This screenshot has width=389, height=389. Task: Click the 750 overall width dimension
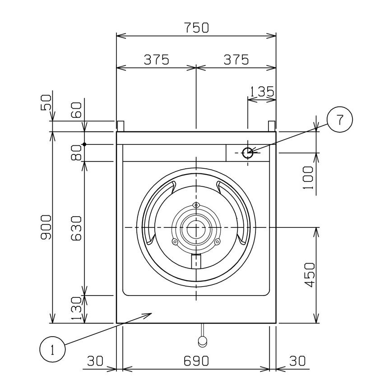pyautogui.click(x=196, y=28)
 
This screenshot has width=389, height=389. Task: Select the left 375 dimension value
pyautogui.click(x=157, y=60)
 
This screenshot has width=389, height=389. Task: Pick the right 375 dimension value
pyautogui.click(x=236, y=60)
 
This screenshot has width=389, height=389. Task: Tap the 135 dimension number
pyautogui.click(x=262, y=91)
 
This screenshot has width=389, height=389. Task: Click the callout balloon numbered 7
pyautogui.click(x=339, y=120)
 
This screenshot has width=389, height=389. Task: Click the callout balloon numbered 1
pyautogui.click(x=52, y=350)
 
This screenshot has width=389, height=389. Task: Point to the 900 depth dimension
pyautogui.click(x=46, y=227)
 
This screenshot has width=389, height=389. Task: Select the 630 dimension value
pyautogui.click(x=76, y=228)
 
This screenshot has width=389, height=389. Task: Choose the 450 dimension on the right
pyautogui.click(x=310, y=275)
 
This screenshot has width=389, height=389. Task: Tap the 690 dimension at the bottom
pyautogui.click(x=196, y=361)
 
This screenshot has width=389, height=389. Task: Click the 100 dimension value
pyautogui.click(x=308, y=178)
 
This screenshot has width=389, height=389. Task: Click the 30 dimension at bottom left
pyautogui.click(x=95, y=361)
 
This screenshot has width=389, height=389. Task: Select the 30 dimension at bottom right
pyautogui.click(x=297, y=361)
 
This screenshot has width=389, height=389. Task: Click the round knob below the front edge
pyautogui.click(x=202, y=341)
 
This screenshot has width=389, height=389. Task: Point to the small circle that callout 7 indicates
pyautogui.click(x=248, y=153)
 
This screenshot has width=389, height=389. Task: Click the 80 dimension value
pyautogui.click(x=76, y=153)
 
